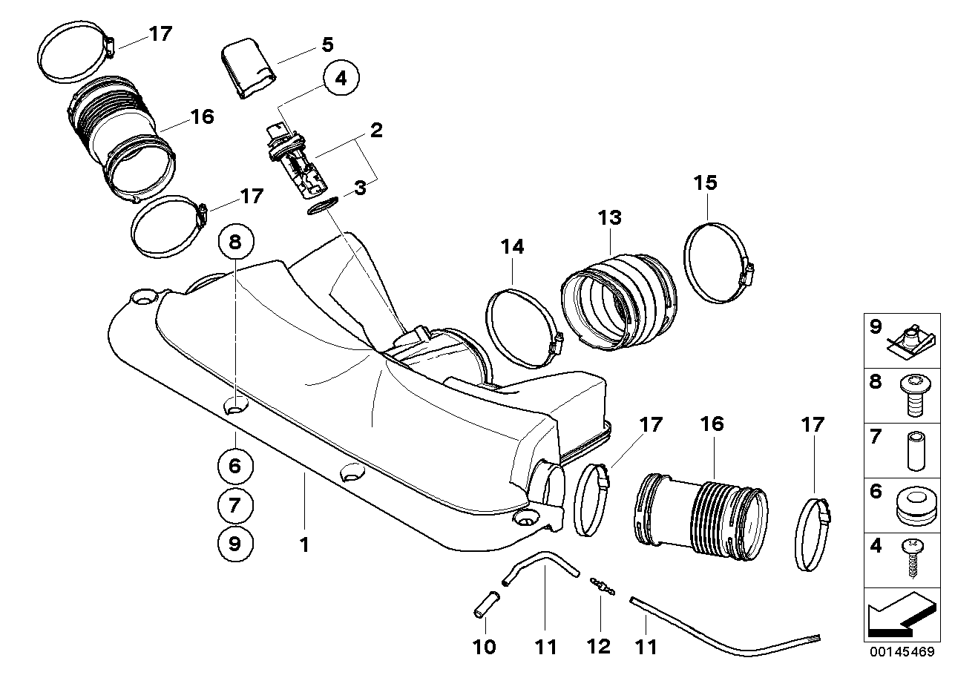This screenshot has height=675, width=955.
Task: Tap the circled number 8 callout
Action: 235,241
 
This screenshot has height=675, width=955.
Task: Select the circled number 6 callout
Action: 235,466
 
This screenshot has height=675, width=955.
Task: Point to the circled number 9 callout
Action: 235,544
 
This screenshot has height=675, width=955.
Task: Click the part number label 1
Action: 303,545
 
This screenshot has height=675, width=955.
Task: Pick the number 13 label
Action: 610,217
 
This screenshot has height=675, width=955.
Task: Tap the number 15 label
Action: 706,182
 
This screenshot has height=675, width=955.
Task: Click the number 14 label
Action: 512,246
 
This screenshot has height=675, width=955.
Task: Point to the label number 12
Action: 599,647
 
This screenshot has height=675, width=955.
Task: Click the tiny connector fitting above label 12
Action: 600,586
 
